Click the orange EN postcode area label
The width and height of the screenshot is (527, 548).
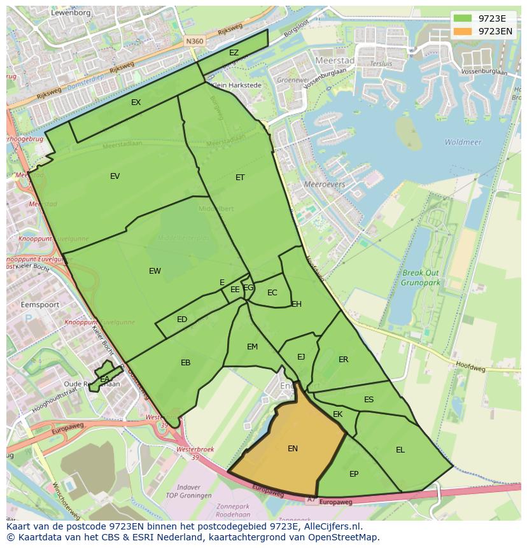(293, 449)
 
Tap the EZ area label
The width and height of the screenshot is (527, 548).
(234, 53)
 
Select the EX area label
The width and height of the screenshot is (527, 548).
(136, 102)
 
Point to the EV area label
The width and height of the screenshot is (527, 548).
(115, 176)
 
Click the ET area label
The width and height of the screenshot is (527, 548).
(240, 178)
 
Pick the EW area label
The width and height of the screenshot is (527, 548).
(155, 271)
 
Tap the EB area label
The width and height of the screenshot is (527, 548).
(185, 363)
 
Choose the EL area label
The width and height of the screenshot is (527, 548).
(400, 450)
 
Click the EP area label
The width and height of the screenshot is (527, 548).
(354, 474)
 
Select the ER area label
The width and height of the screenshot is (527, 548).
(343, 360)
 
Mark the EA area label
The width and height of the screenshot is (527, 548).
(104, 380)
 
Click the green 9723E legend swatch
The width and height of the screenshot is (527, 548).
(463, 18)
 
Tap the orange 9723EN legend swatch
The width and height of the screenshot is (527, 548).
(463, 31)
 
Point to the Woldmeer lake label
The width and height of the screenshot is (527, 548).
(463, 143)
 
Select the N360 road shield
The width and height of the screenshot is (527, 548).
(194, 41)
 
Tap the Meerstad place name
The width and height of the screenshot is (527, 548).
(335, 60)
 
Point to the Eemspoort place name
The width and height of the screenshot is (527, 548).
(40, 305)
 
